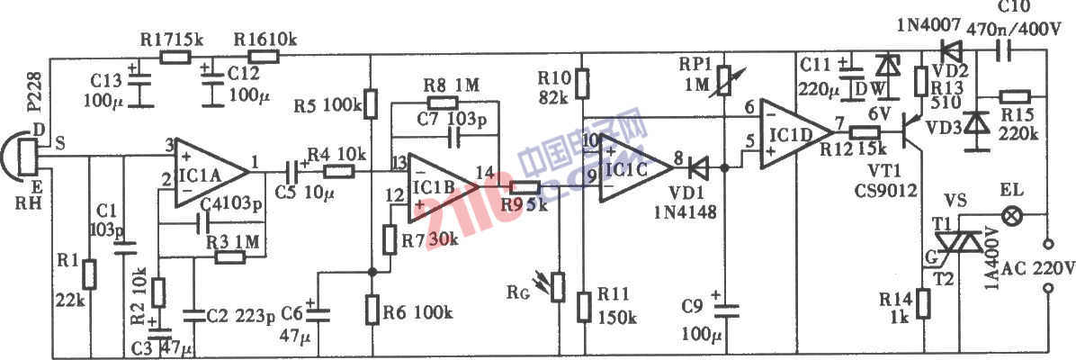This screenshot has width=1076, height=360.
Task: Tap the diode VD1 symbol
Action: tap(698, 166)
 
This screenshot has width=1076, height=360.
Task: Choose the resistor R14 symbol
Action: tap(922, 304)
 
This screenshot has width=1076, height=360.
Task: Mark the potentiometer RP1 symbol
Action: tap(723, 83)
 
